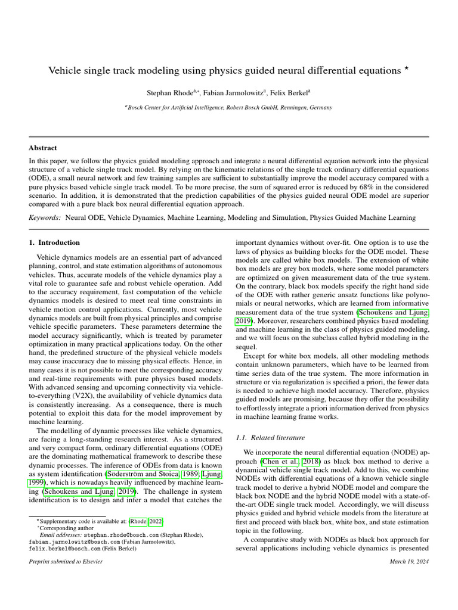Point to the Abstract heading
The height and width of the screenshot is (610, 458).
(x=43, y=148)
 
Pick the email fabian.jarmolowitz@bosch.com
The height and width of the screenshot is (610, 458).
(x=69, y=542)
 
